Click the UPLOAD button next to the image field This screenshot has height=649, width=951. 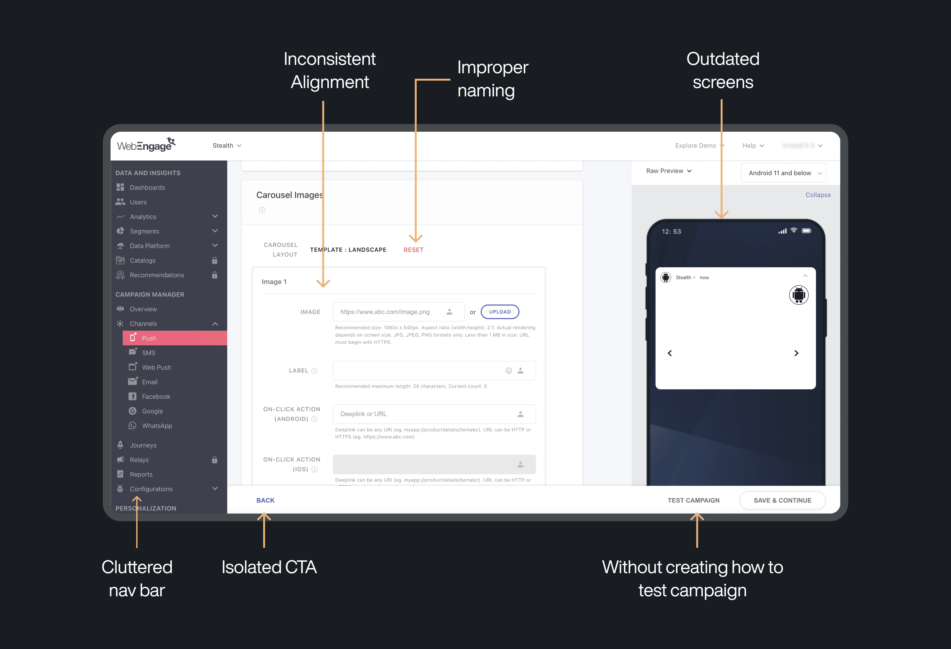(500, 312)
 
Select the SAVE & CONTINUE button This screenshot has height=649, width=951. (782, 500)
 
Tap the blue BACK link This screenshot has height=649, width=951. (265, 500)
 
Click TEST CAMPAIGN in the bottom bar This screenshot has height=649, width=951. (693, 500)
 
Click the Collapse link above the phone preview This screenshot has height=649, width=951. (818, 195)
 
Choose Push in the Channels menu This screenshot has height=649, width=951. (149, 338)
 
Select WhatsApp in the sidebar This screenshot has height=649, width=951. (157, 426)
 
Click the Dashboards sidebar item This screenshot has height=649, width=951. (147, 187)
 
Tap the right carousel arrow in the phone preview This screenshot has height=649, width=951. (796, 353)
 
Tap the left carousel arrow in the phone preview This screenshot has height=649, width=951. (670, 353)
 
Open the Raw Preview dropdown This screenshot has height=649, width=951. (669, 171)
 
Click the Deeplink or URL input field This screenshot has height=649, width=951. (426, 414)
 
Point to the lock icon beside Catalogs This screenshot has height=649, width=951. (214, 260)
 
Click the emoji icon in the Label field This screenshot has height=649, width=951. (509, 371)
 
